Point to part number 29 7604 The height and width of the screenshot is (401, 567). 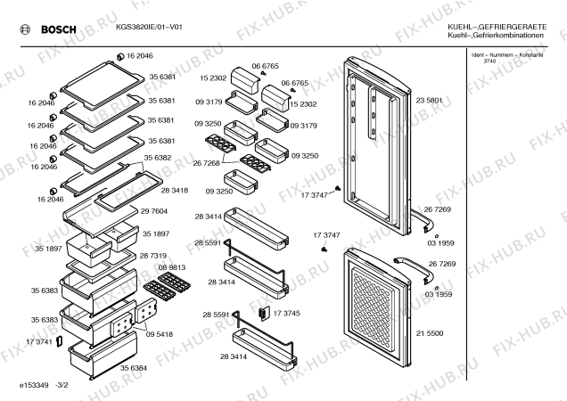(x=152, y=211)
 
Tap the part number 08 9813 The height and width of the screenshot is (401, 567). (x=172, y=267)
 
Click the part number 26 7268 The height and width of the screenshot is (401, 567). (x=206, y=162)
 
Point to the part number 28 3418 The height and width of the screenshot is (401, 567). (x=175, y=191)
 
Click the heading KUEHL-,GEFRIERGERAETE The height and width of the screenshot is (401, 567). (x=498, y=29)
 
